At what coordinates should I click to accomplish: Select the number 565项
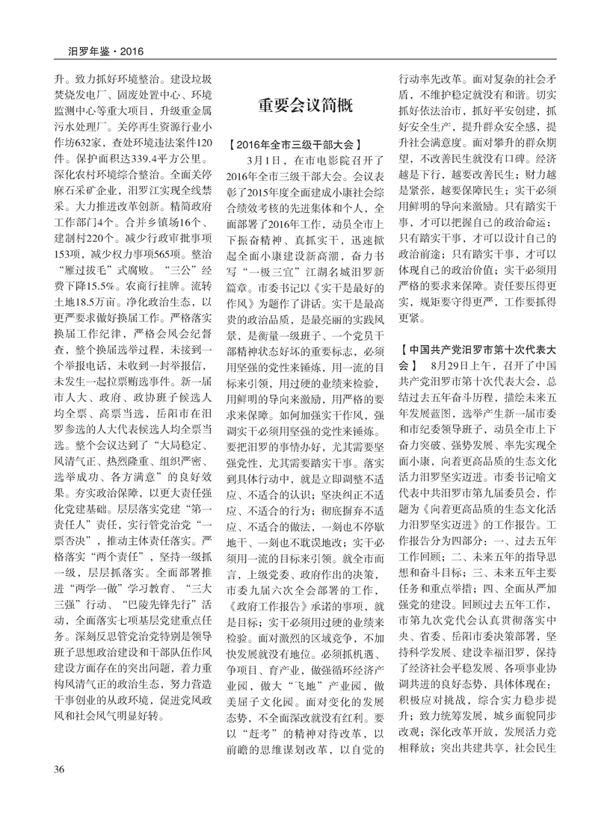coord(164,254)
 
